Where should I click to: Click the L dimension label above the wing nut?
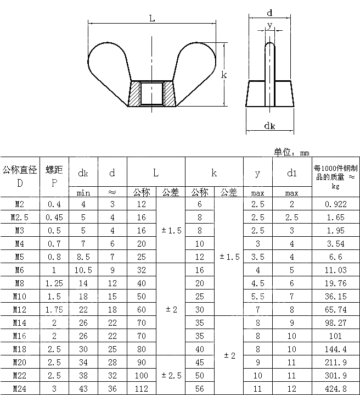tap(152, 18)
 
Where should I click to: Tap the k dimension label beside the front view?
tap(224, 75)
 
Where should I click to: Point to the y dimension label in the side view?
tap(269, 25)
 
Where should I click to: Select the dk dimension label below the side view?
tap(269, 126)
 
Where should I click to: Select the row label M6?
tap(19, 270)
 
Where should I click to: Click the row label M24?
tap(19, 388)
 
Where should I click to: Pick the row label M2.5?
tap(19, 217)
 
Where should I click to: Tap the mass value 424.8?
tap(336, 388)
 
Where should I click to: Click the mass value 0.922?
tap(336, 204)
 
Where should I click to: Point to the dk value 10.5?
tap(83, 270)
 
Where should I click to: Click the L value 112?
tap(142, 388)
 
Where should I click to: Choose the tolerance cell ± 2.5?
tap(171, 375)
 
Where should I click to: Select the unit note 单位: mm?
tap(291, 152)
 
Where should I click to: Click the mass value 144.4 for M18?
tap(336, 349)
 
